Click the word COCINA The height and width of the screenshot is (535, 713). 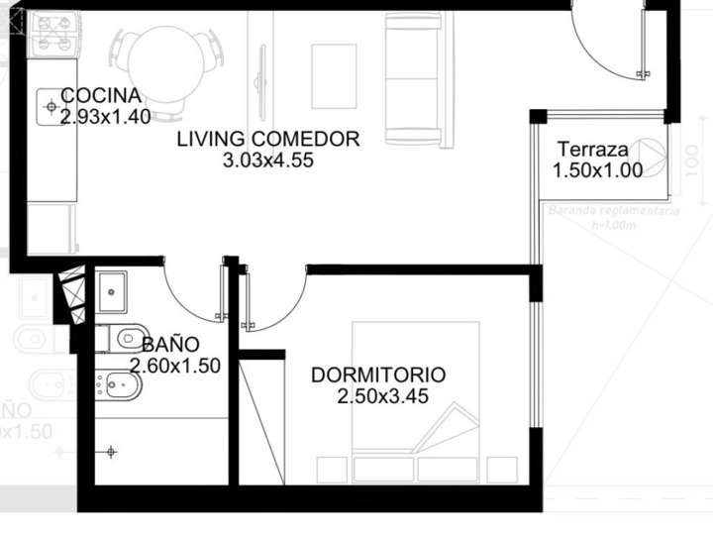[x=101, y=96]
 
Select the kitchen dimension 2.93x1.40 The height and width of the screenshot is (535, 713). [x=105, y=117]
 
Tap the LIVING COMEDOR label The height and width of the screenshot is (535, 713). [x=267, y=140]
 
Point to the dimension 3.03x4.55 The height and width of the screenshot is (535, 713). [x=269, y=160]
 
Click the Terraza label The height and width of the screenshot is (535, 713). [x=592, y=150]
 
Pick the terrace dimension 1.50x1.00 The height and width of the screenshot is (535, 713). [x=597, y=169]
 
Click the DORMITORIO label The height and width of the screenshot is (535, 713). [x=378, y=375]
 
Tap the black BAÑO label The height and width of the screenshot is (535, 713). [x=170, y=345]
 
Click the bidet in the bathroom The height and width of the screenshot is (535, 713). [x=119, y=382]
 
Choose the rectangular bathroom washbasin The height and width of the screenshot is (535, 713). [x=111, y=291]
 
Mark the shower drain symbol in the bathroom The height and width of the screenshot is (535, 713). [x=111, y=452]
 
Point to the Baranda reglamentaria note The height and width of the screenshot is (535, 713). [x=614, y=212]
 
